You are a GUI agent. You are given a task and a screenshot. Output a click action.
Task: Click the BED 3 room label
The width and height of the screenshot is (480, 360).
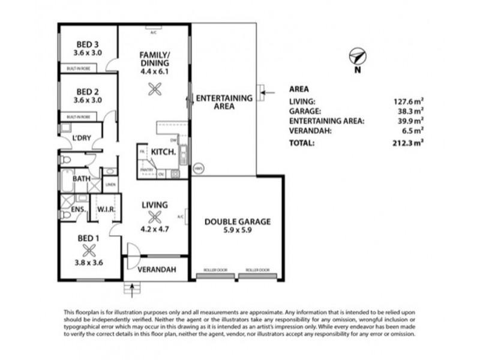click(88, 44)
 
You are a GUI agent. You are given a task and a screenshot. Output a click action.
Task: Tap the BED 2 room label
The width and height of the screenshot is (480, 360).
click(88, 92)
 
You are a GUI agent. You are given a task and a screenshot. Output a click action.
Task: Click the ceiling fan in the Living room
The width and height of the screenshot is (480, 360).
click(155, 218)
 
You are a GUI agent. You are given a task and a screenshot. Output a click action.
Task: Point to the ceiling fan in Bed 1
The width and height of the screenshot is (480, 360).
click(89, 250)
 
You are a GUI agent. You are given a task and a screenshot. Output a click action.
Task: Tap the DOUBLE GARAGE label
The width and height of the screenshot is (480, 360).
click(238, 221)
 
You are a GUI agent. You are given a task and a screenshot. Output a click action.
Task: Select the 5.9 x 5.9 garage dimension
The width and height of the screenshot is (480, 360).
click(238, 230)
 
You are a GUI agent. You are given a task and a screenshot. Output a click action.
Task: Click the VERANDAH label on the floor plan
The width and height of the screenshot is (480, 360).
click(157, 270)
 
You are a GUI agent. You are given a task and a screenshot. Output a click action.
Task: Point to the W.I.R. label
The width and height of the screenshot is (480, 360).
click(106, 209)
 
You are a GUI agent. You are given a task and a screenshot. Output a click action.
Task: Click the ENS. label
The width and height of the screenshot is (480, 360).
click(78, 209)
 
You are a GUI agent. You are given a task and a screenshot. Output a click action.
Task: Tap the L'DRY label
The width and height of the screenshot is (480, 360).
click(81, 139)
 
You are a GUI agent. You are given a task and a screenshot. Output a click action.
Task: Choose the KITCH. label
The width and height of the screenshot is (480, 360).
click(163, 152)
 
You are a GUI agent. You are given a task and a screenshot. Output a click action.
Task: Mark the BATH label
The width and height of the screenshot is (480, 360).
click(82, 179)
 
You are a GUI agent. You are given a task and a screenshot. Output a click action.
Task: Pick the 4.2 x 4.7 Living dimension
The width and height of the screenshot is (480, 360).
click(155, 228)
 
